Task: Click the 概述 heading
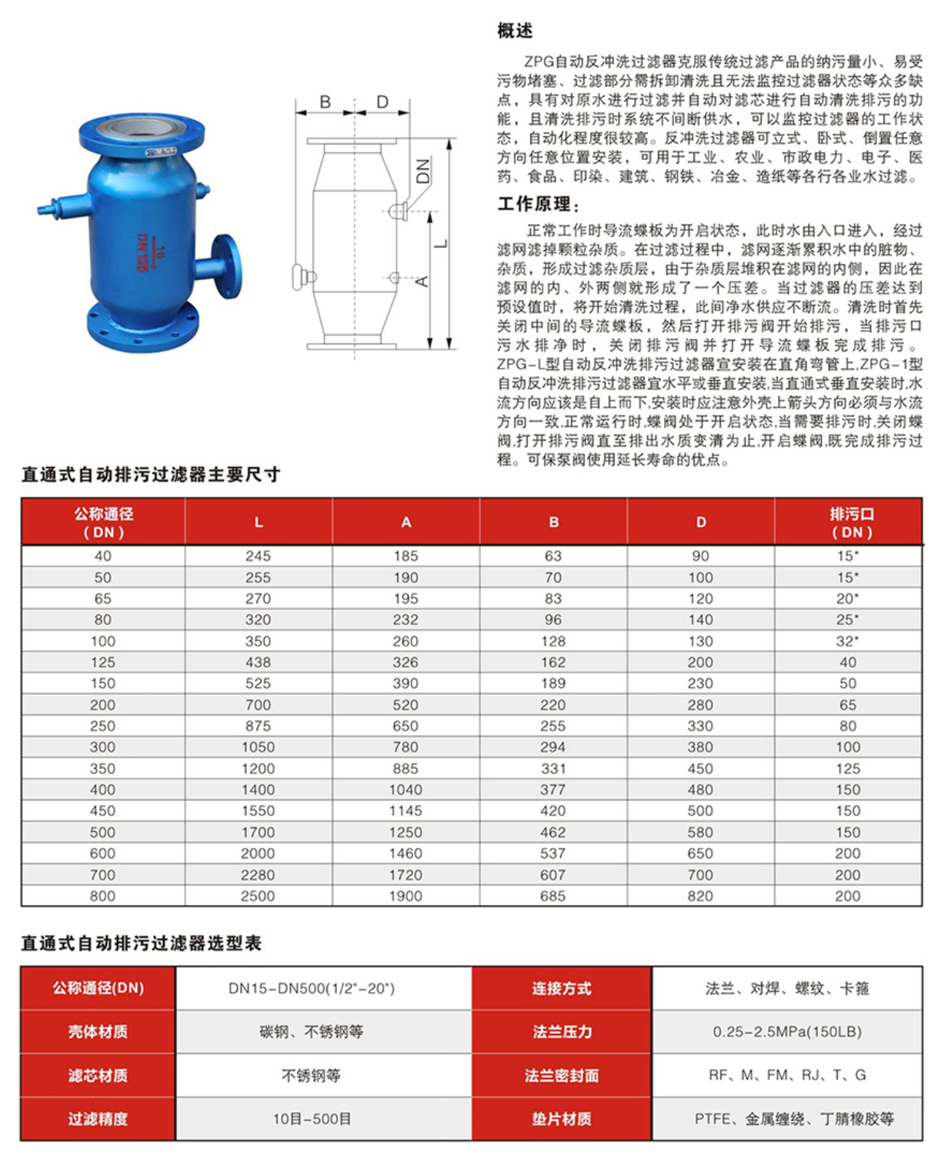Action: click(515, 31)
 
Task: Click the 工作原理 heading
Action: click(537, 204)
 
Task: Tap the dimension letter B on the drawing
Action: click(325, 102)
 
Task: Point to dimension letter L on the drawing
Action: click(441, 243)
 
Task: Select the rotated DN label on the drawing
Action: click(423, 171)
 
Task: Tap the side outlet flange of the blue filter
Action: click(225, 265)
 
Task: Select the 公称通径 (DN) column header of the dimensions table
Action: click(103, 522)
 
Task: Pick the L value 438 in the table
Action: click(258, 662)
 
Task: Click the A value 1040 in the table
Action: click(406, 789)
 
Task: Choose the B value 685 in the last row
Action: click(552, 896)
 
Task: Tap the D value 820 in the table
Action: click(700, 896)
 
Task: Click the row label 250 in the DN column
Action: click(102, 726)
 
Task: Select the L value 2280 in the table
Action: click(258, 875)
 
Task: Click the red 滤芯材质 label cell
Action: click(98, 1076)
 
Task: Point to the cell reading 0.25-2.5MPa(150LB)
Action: click(787, 1032)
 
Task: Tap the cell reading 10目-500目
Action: click(312, 1119)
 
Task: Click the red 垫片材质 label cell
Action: click(562, 1119)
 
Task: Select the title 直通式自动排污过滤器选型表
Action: click(142, 943)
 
